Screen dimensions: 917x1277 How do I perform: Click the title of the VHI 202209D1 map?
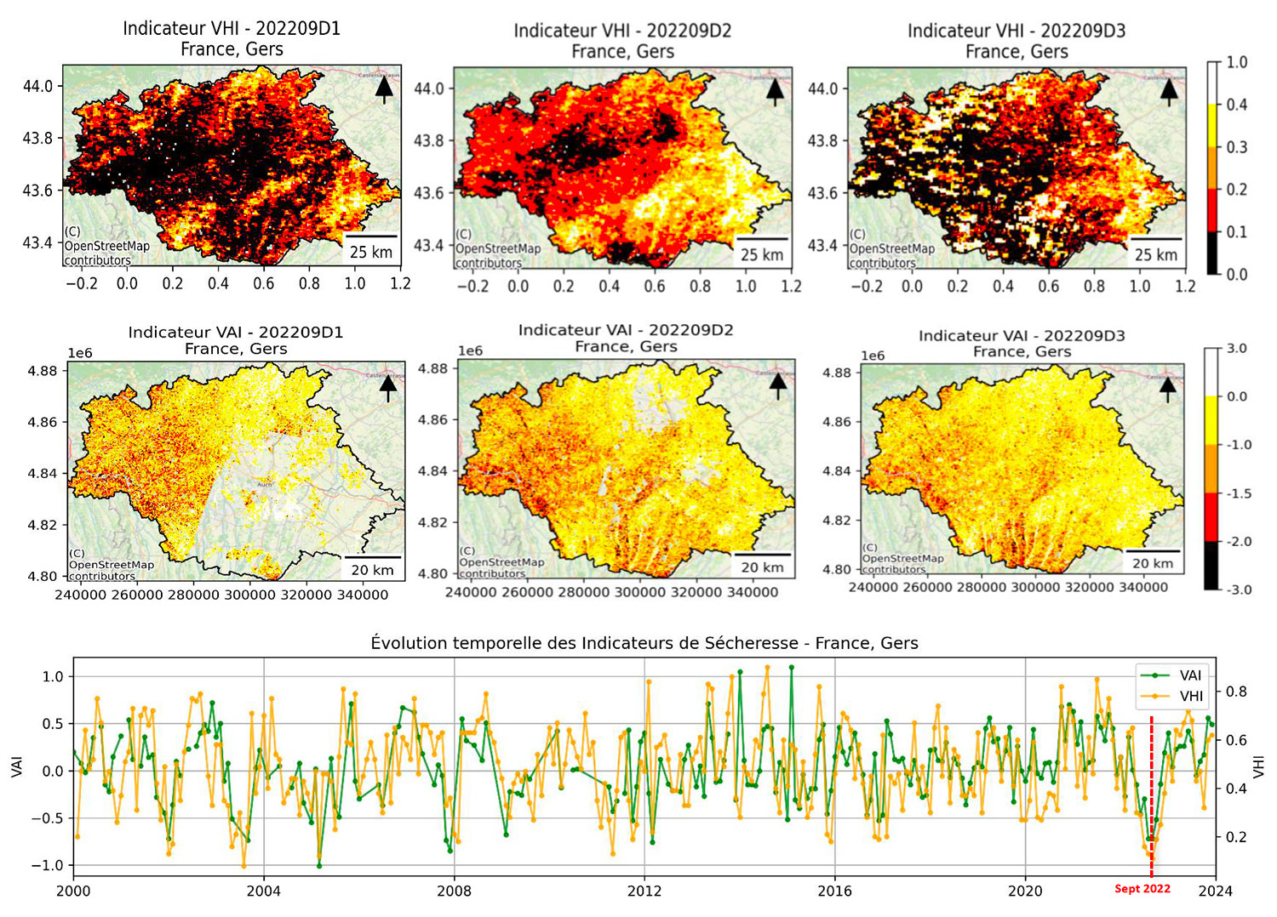click(x=232, y=38)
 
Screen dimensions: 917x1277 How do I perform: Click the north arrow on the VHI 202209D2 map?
click(x=774, y=89)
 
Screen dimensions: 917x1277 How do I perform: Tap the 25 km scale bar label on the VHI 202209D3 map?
click(x=1156, y=254)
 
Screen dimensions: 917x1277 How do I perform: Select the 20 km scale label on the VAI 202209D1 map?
click(x=372, y=570)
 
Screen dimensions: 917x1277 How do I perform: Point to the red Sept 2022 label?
click(x=1142, y=889)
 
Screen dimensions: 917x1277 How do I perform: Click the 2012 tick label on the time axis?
click(x=644, y=891)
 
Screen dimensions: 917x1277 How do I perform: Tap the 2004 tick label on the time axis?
click(x=263, y=891)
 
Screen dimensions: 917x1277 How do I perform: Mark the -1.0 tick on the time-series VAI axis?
click(x=52, y=866)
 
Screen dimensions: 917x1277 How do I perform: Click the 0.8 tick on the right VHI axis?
click(x=1236, y=692)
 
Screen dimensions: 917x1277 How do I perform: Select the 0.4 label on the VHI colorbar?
click(x=1236, y=105)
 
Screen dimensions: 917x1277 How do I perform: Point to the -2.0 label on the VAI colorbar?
click(x=1238, y=542)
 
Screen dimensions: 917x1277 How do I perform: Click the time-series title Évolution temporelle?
click(x=644, y=643)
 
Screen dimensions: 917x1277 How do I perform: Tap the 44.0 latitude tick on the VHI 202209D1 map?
click(x=37, y=86)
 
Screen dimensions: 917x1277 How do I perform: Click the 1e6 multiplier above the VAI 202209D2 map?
click(x=470, y=350)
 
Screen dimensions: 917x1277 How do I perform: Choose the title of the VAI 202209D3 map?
click(x=1022, y=344)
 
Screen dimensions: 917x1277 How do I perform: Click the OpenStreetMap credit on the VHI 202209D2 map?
click(x=498, y=249)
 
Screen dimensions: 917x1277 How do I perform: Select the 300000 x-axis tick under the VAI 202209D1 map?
click(x=249, y=595)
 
